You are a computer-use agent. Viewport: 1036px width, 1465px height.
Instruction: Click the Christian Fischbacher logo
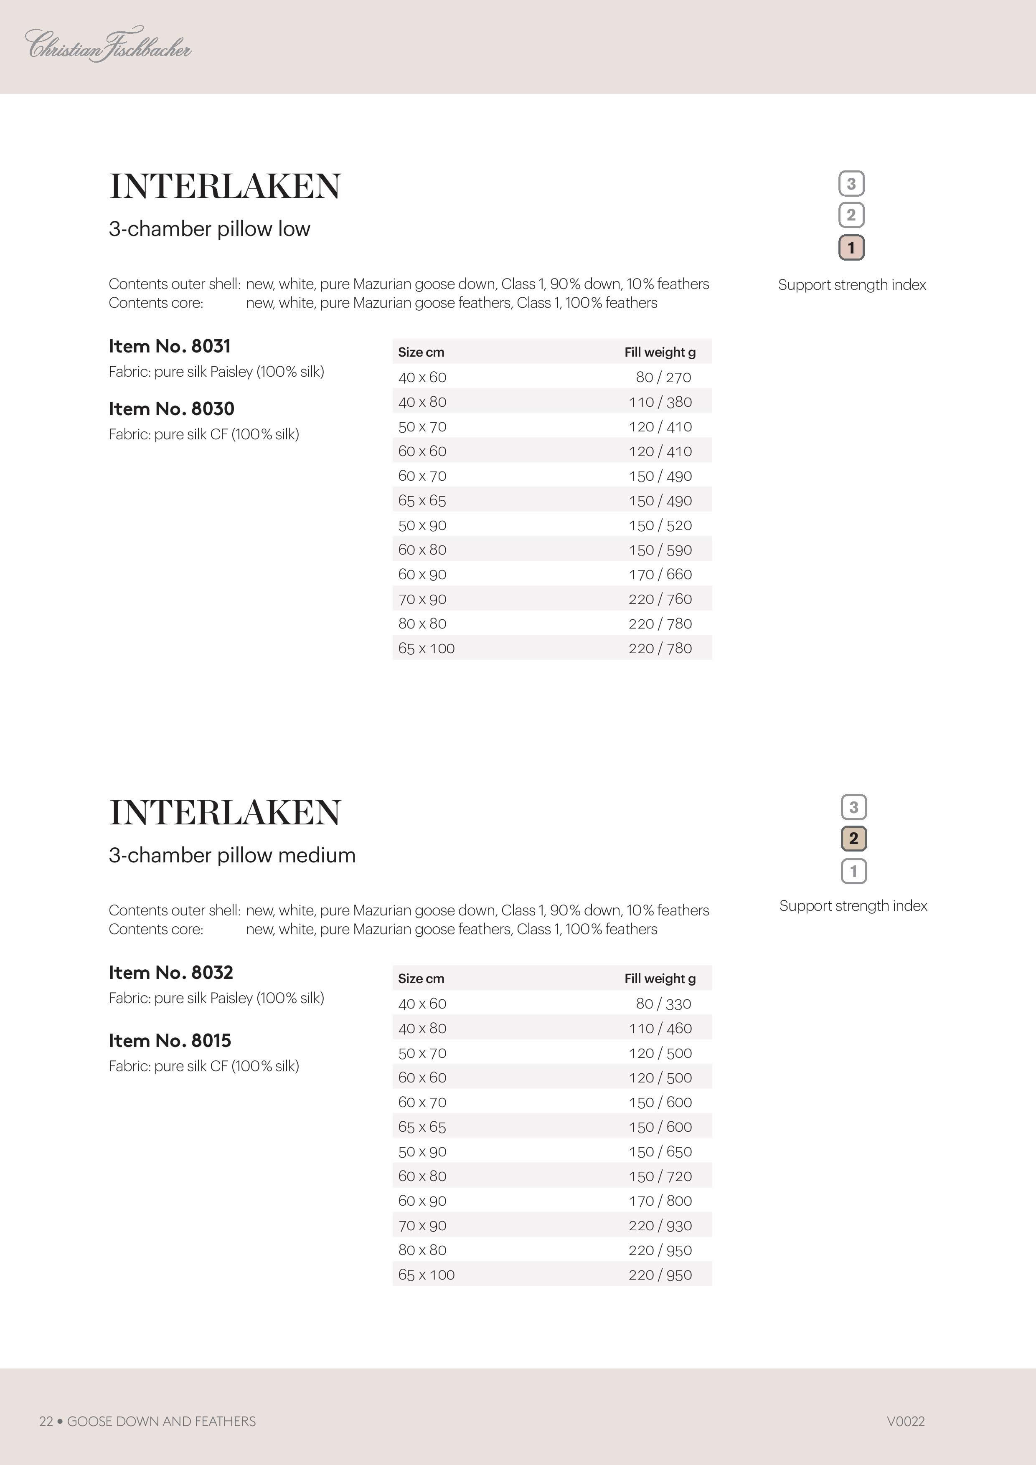(x=108, y=45)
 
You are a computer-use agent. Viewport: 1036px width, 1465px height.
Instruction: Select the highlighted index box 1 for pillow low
(x=851, y=248)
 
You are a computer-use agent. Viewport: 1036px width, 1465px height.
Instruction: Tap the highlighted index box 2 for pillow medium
(x=853, y=839)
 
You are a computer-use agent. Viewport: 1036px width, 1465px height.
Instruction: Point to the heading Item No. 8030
(x=171, y=408)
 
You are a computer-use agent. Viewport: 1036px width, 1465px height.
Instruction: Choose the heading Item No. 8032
(x=170, y=972)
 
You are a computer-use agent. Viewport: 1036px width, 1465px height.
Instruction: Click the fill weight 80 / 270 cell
(x=663, y=377)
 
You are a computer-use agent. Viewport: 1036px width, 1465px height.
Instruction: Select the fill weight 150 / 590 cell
(x=660, y=550)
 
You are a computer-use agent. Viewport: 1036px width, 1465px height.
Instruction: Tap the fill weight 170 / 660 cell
(x=660, y=574)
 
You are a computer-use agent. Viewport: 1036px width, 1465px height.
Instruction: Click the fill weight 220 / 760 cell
(x=660, y=599)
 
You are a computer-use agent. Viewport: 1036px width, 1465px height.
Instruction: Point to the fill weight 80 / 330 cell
(x=663, y=1004)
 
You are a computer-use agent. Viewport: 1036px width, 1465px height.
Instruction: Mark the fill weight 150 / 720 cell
(x=660, y=1176)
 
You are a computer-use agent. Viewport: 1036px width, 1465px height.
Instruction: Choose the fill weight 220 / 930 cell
(x=660, y=1225)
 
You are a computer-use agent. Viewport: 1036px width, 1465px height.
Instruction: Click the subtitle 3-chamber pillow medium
(x=232, y=855)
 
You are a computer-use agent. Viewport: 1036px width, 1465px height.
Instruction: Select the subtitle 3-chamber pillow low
(x=209, y=228)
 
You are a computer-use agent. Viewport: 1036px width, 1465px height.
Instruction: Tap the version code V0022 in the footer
(x=905, y=1421)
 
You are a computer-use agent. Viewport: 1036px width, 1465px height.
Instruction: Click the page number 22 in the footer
(x=46, y=1421)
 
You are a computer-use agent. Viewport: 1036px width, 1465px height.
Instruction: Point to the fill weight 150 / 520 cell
(x=660, y=525)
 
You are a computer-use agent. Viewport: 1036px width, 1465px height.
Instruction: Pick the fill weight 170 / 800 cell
(x=660, y=1200)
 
